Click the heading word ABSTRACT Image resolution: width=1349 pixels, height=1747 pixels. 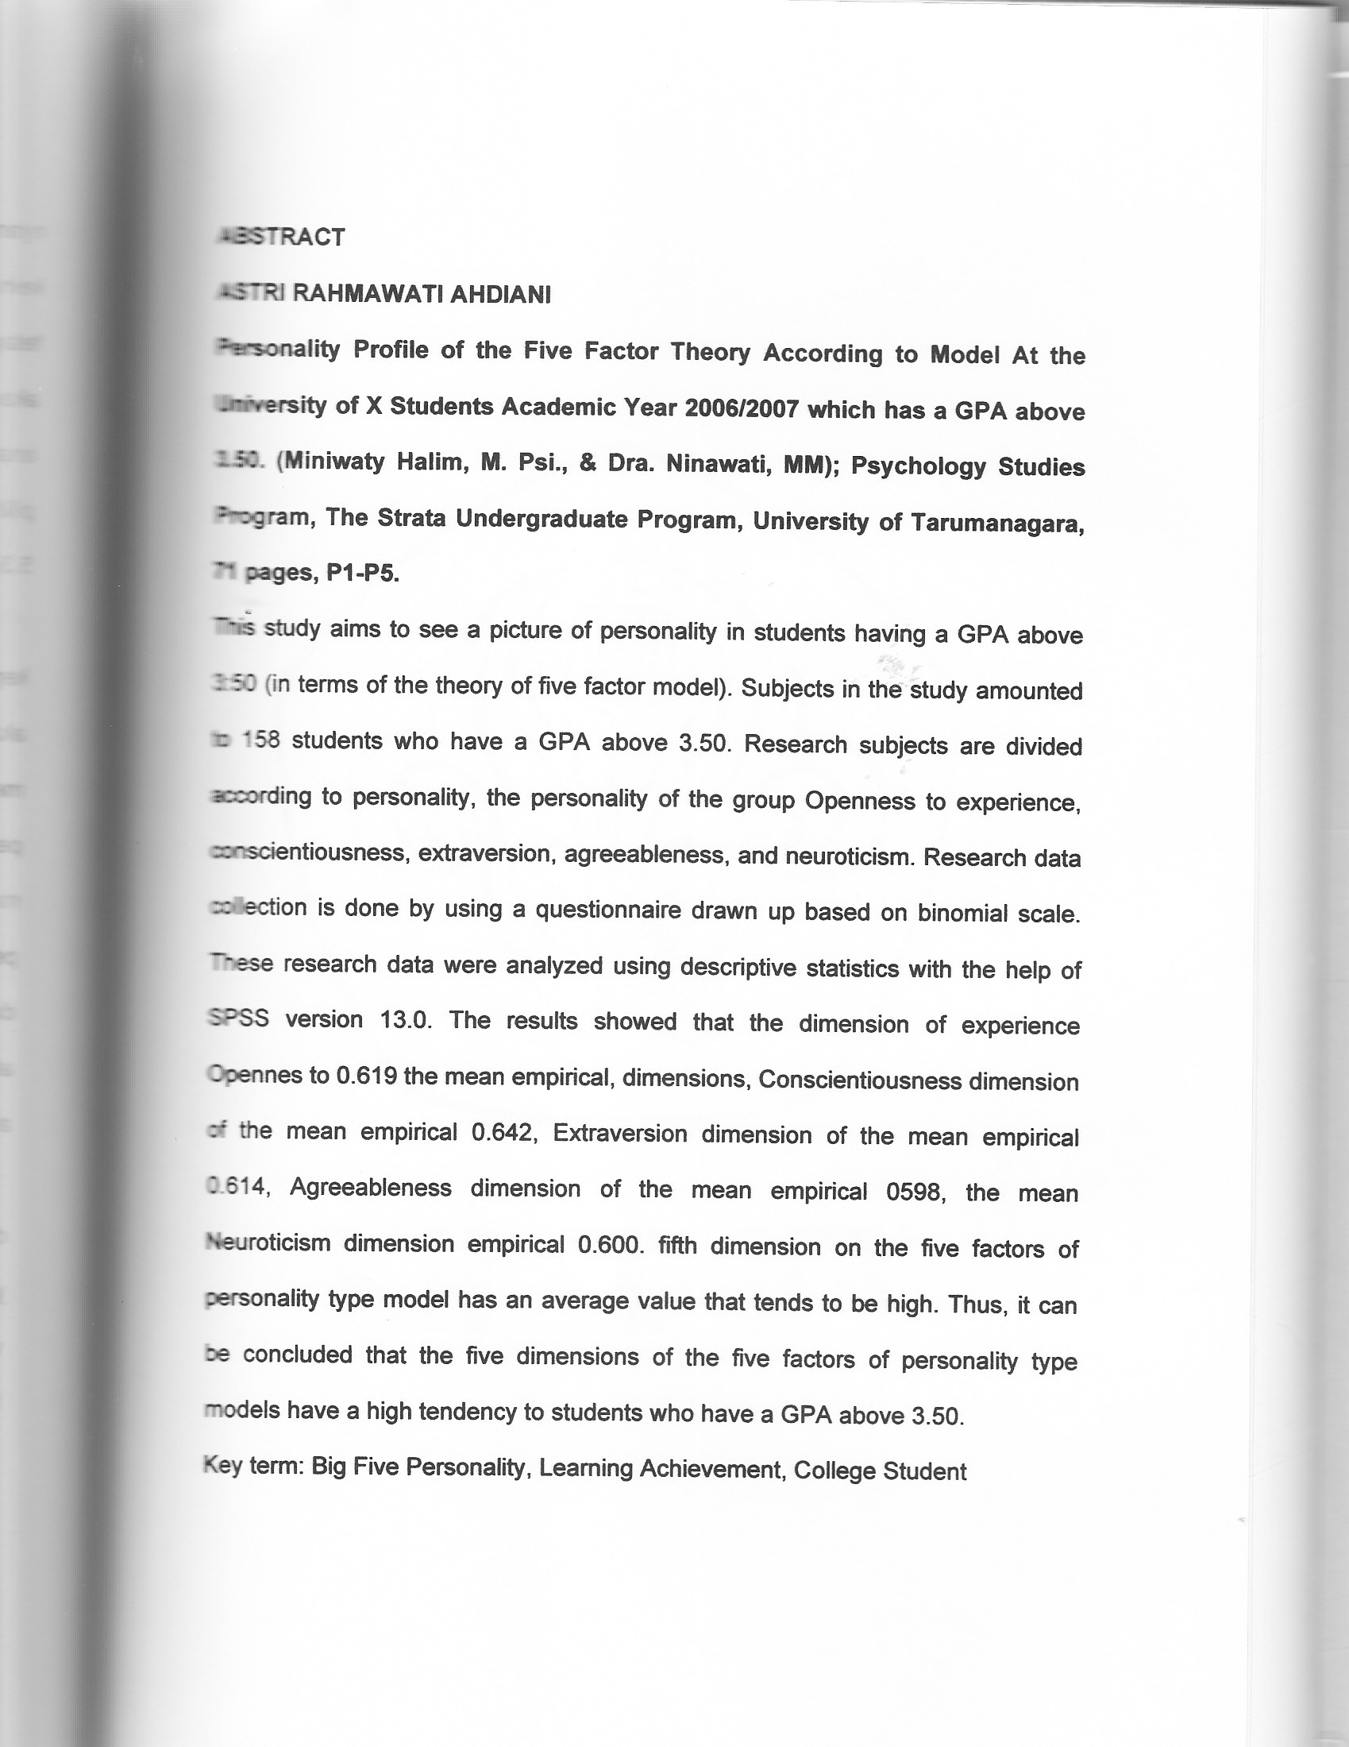pyautogui.click(x=282, y=238)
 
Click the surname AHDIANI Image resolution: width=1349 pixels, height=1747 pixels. pyautogui.click(x=500, y=296)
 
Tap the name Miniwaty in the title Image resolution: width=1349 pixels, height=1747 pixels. pyautogui.click(x=333, y=462)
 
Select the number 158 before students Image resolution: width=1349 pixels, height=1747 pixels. pyautogui.click(x=260, y=740)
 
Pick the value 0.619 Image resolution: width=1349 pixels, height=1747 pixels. pyautogui.click(x=367, y=1076)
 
